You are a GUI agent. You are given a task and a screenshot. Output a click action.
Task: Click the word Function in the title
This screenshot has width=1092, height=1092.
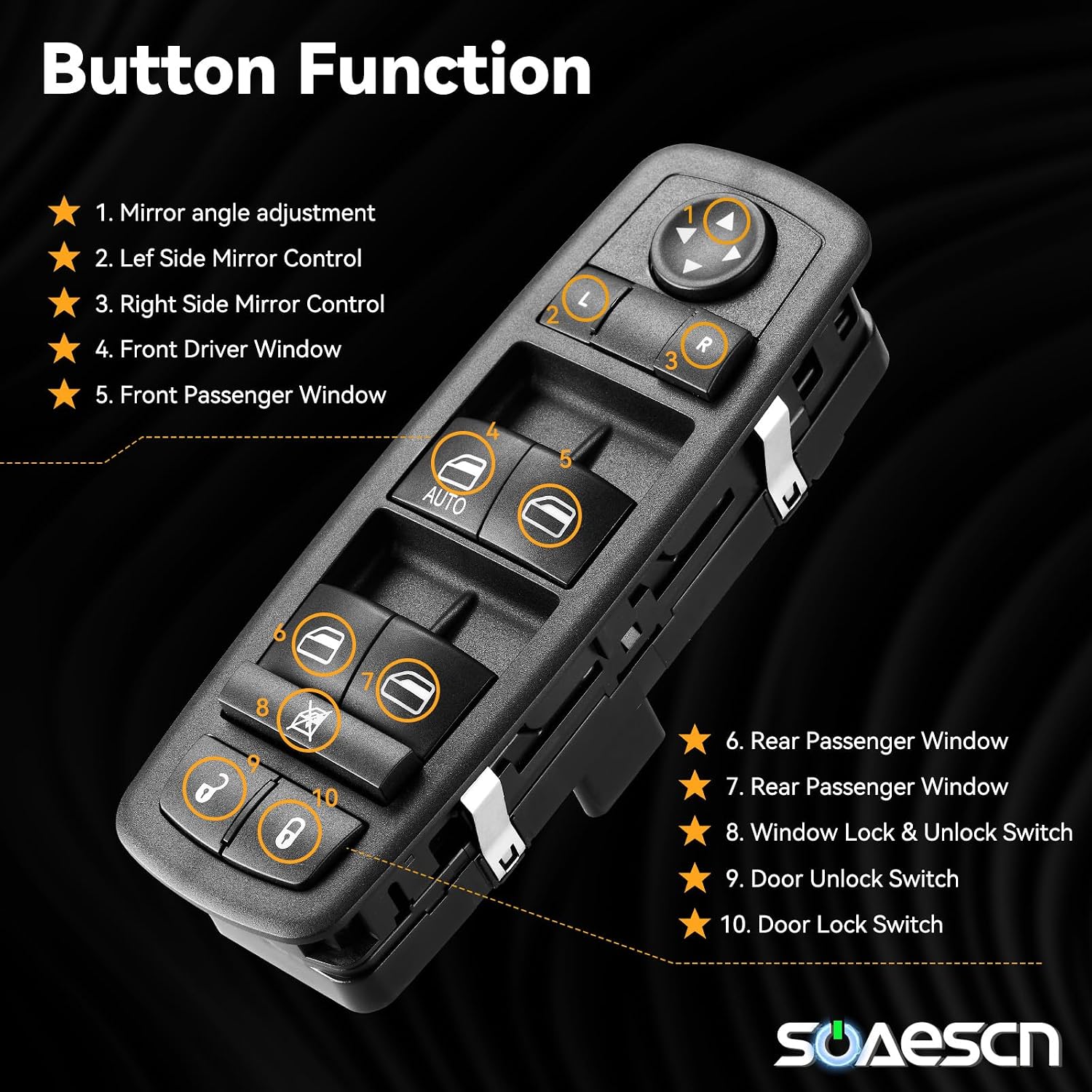click(445, 70)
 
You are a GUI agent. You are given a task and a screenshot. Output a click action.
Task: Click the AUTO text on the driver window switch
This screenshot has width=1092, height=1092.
click(445, 500)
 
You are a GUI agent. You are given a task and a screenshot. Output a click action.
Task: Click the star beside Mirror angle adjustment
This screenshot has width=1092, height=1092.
click(64, 212)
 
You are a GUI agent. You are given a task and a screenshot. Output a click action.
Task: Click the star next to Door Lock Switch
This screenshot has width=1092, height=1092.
click(695, 924)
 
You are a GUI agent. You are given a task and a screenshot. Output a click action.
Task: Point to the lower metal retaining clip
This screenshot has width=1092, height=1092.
click(494, 823)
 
